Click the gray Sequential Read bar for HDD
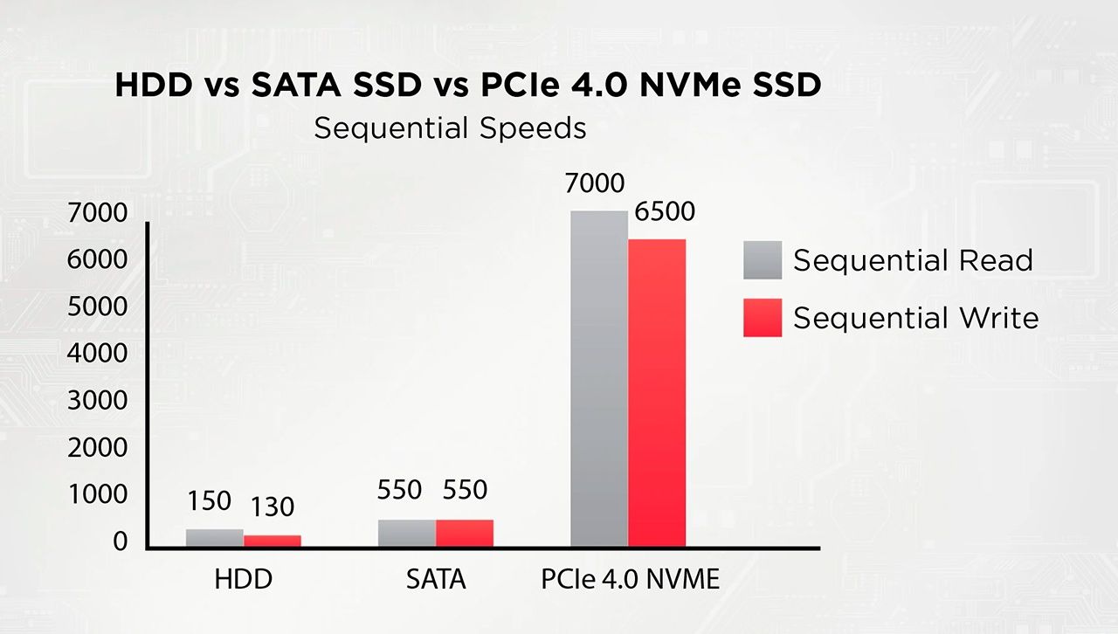point(215,538)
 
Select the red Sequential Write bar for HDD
point(272,541)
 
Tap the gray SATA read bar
point(407,534)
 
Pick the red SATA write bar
point(465,534)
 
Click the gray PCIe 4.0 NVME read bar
point(599,379)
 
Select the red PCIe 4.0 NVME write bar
point(657,393)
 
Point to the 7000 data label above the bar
point(595,183)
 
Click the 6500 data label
point(665,211)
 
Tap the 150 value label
point(209,500)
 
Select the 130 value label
point(272,507)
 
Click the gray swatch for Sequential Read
point(763,260)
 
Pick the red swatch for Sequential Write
point(763,318)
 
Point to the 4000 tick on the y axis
point(97,353)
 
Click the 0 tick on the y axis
point(120,541)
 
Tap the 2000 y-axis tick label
point(97,447)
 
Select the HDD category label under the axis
point(244,579)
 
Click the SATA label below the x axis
point(436,579)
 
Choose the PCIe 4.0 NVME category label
point(631,579)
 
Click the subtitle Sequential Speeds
point(450,128)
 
